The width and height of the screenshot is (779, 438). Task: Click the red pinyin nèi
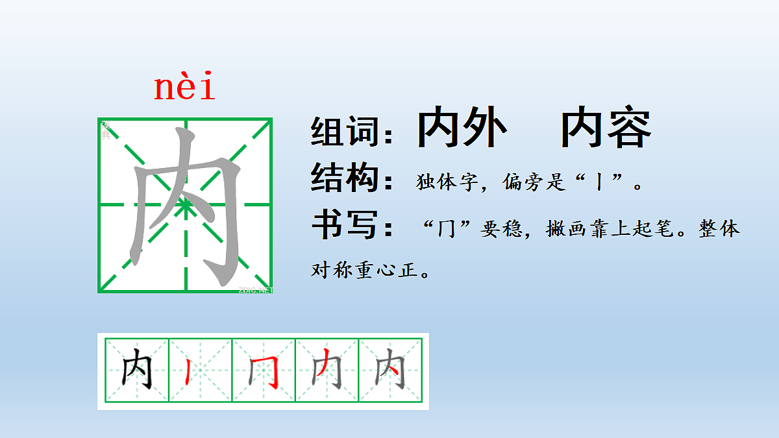coord(184,89)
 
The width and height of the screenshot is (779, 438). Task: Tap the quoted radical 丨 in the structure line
coord(598,183)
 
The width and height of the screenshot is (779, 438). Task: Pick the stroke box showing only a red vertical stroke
coord(201,371)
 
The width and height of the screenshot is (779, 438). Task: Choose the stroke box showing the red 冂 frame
coord(264,371)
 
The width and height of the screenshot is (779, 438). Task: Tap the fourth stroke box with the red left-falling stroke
coord(327,371)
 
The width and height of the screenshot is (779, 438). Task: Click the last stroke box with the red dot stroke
coord(391,371)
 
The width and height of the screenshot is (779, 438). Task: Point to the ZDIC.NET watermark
coord(256,290)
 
